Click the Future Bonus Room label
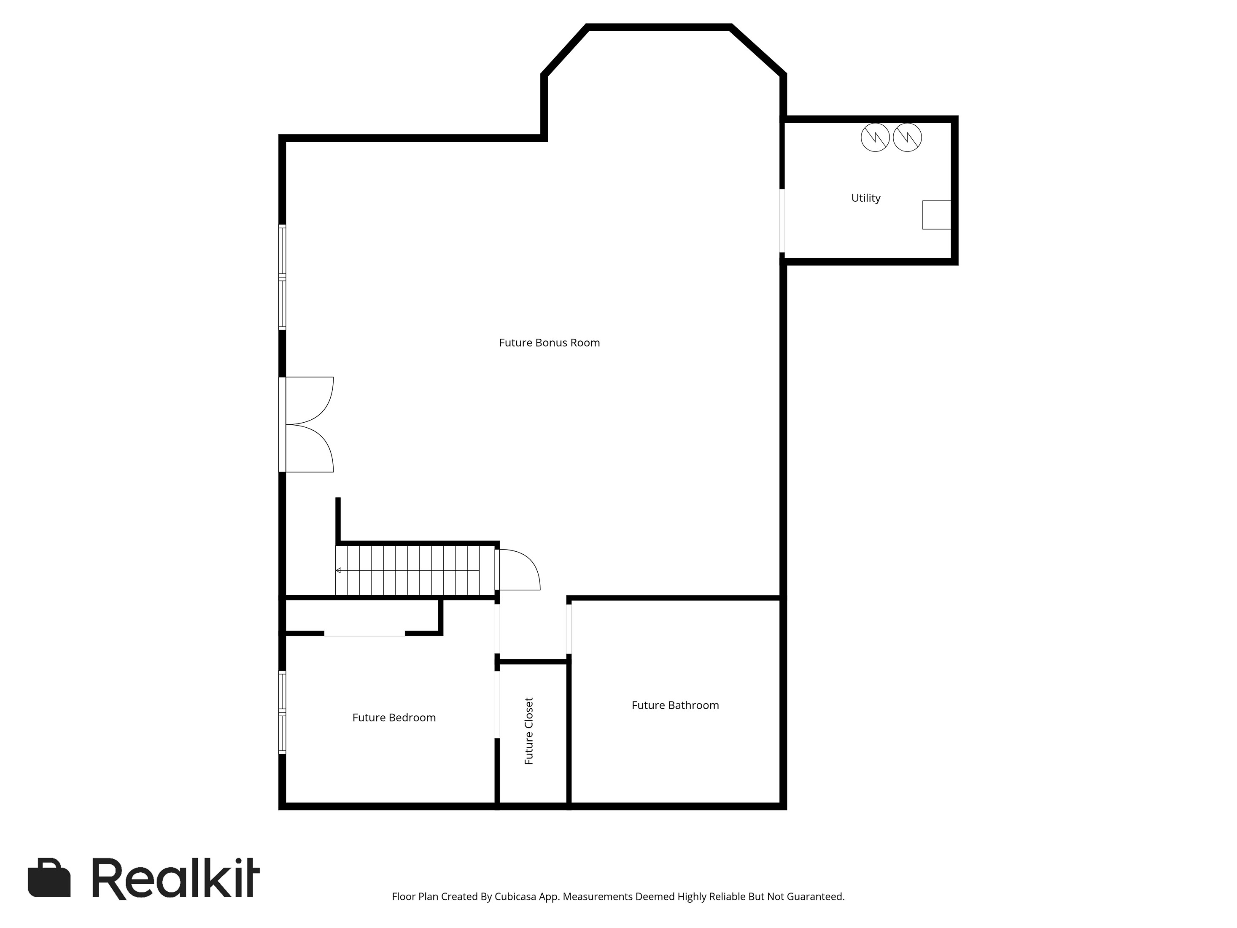coord(549,343)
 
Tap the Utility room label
coord(866,198)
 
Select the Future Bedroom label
coord(393,718)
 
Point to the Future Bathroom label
coord(675,705)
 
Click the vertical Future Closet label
coord(528,731)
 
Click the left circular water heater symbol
coord(875,138)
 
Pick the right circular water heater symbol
coord(907,138)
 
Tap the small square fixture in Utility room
coord(936,215)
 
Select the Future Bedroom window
coord(283,712)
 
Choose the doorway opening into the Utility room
coord(782,221)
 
